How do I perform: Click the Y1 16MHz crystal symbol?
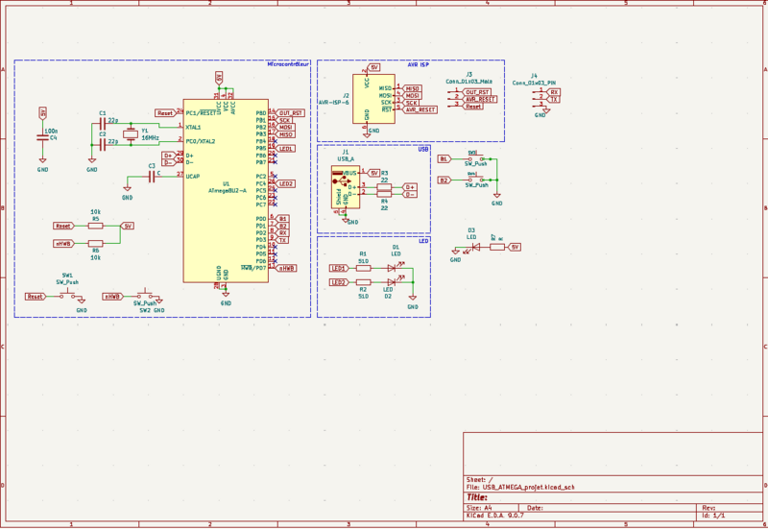131,133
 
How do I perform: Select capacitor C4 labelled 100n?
42,136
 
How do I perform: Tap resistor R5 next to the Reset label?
95,226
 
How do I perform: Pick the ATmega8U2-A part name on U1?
227,190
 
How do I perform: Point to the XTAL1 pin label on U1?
193,127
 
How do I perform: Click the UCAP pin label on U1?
192,177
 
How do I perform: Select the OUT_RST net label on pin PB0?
291,113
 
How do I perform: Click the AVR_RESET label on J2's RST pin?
420,109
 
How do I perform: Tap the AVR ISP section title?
418,64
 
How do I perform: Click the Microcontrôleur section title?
287,64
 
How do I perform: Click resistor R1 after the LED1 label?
363,269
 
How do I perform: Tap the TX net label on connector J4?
553,100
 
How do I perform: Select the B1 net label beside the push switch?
444,158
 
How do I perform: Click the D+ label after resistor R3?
411,186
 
